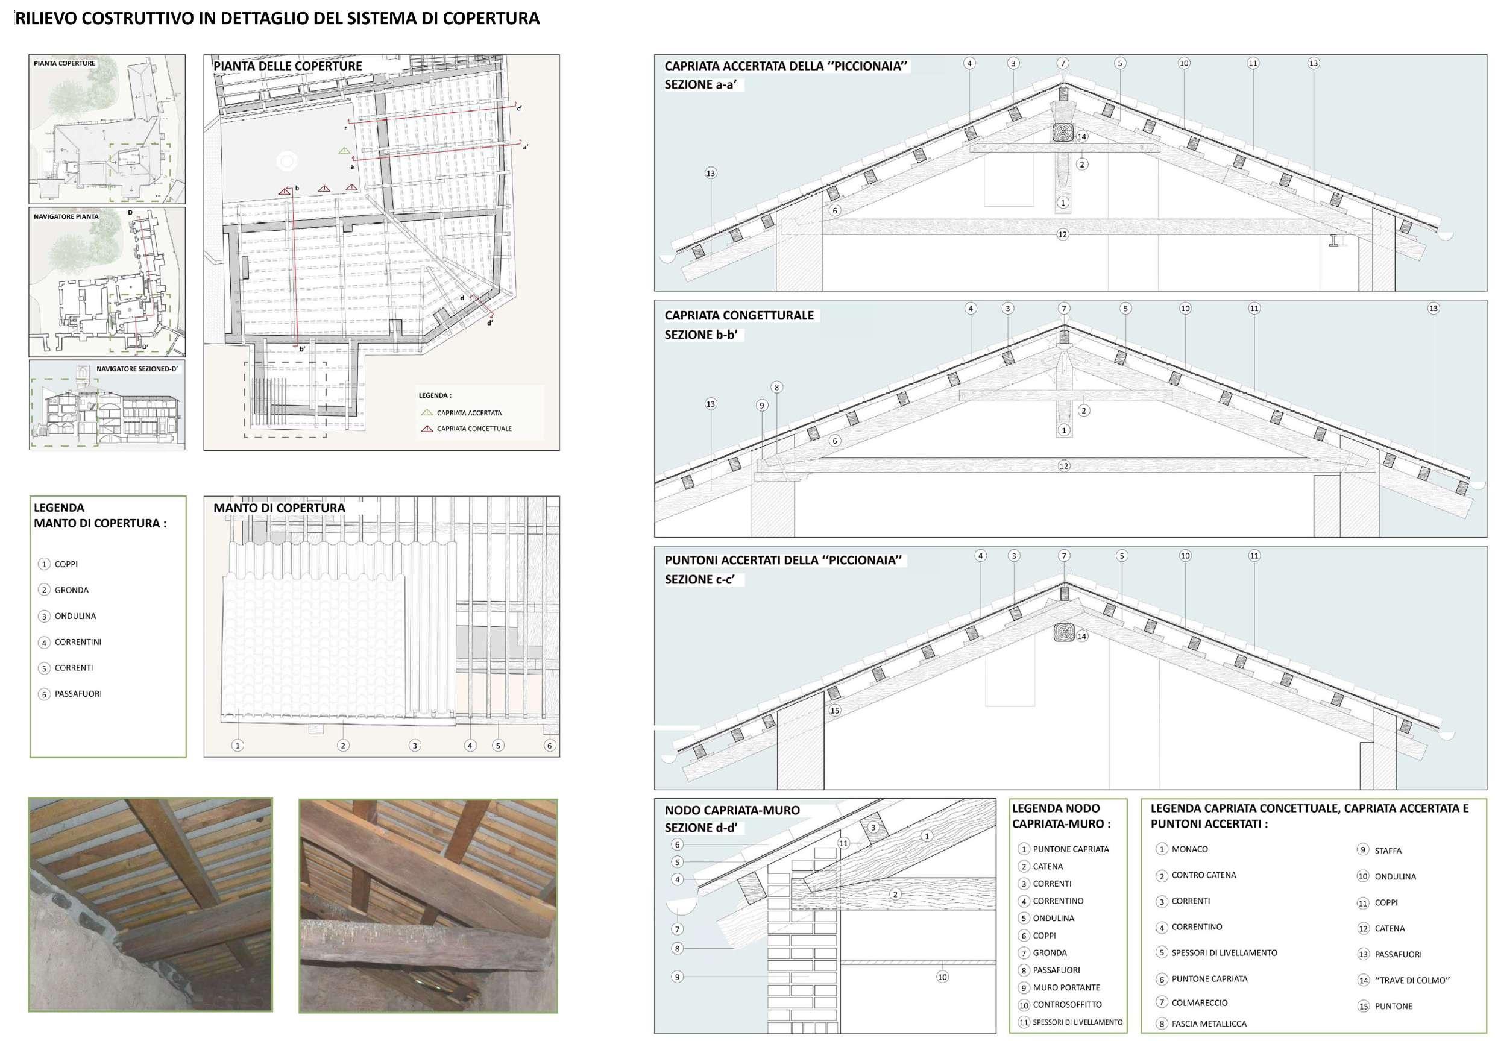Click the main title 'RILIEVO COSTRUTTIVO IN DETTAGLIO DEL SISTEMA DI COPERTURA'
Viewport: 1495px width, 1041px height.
click(277, 18)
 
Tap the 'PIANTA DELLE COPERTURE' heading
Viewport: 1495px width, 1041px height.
click(287, 66)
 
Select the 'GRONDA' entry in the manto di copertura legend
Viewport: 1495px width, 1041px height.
click(71, 590)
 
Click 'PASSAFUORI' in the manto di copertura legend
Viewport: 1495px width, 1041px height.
click(78, 694)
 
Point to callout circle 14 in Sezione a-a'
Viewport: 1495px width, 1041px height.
click(1081, 137)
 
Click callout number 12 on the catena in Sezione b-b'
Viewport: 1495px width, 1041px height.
click(1063, 466)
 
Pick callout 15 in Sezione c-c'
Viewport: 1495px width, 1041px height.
click(835, 711)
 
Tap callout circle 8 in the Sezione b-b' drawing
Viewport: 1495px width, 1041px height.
click(776, 388)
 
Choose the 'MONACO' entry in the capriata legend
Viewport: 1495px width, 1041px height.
click(1189, 849)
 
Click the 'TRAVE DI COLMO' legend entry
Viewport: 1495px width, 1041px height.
click(1412, 981)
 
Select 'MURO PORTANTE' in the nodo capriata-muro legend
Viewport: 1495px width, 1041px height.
click(1066, 987)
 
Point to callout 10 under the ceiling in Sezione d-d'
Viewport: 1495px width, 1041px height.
click(942, 977)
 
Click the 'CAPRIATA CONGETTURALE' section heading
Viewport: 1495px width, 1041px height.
click(739, 316)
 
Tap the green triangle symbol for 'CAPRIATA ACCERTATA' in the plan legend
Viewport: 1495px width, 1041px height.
click(426, 413)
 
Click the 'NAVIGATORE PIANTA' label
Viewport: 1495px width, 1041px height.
click(66, 216)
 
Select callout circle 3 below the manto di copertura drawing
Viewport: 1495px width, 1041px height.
click(415, 746)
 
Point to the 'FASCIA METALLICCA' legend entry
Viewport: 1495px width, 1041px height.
click(1209, 1024)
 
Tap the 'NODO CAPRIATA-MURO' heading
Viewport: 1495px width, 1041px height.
click(732, 811)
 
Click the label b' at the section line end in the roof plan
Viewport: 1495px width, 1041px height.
click(302, 350)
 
